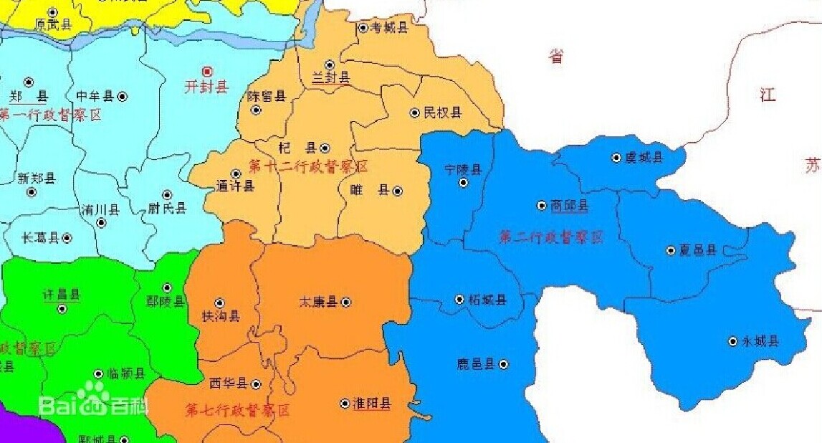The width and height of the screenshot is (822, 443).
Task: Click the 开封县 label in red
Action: click(x=206, y=87)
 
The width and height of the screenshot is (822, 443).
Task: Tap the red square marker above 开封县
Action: click(x=208, y=71)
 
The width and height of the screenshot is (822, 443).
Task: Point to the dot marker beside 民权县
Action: click(x=414, y=113)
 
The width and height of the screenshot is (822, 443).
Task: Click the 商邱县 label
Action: click(x=570, y=206)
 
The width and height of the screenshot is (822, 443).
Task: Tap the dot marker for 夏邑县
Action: click(x=671, y=250)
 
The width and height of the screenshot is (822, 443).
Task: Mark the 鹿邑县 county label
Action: click(x=476, y=364)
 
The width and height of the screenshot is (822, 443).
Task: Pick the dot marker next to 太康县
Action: click(x=346, y=302)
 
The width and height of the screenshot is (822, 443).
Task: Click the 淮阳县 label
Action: click(x=373, y=404)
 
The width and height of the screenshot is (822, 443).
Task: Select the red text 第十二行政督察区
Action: click(x=308, y=167)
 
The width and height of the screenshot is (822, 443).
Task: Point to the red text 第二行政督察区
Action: click(x=551, y=237)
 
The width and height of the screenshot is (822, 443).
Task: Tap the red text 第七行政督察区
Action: click(x=238, y=411)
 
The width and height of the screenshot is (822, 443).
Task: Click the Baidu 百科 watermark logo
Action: click(x=94, y=404)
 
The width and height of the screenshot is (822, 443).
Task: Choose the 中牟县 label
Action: click(x=95, y=96)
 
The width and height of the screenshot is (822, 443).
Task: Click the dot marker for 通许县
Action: click(x=236, y=173)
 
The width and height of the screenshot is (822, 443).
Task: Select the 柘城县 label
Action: click(x=487, y=300)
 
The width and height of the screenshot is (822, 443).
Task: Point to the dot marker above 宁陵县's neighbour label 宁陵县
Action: click(x=463, y=183)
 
